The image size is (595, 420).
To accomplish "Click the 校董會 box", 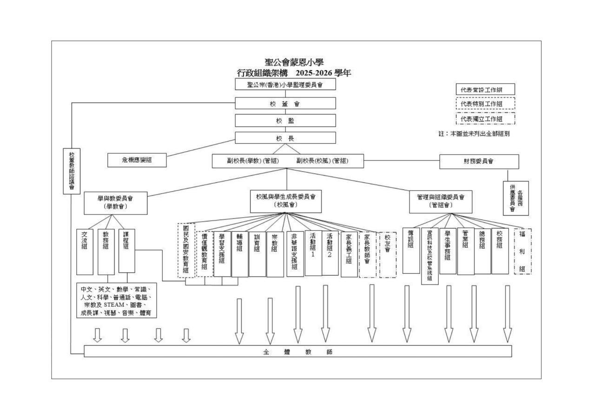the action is (x=285, y=103).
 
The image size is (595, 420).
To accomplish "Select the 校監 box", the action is (x=285, y=120).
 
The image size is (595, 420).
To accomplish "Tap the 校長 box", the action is (x=285, y=138).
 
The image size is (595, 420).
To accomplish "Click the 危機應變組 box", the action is (x=137, y=160).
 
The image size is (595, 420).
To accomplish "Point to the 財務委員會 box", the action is (x=479, y=162).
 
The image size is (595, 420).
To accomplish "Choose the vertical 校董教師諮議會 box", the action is (x=72, y=171).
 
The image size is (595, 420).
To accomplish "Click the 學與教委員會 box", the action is (x=116, y=203).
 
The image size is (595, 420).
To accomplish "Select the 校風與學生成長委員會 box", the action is (x=285, y=201).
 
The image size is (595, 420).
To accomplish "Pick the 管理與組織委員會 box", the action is (x=440, y=201).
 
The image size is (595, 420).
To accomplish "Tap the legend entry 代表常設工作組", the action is (x=485, y=90).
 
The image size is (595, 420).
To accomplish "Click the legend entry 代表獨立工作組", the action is (x=485, y=118).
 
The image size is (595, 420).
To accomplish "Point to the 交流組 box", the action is (x=85, y=252).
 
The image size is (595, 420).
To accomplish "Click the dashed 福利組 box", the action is (x=522, y=252).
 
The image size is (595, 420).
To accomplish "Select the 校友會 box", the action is (x=388, y=255).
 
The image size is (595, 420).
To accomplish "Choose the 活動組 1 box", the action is (x=313, y=253).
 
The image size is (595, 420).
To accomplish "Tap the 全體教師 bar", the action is (x=298, y=351).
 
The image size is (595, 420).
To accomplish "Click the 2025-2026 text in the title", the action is (x=314, y=73).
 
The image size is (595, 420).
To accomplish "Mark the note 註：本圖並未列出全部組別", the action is (x=474, y=134).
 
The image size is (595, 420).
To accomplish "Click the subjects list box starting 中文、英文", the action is (x=117, y=300).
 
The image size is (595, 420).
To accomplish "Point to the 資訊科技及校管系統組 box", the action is (x=430, y=256).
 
